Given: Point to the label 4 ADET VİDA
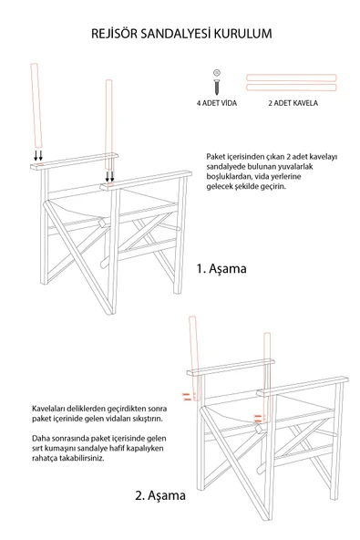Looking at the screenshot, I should pyautogui.click(x=217, y=104).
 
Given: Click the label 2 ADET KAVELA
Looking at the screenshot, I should pyautogui.click(x=292, y=104).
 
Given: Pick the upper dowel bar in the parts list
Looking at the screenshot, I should pyautogui.click(x=292, y=76).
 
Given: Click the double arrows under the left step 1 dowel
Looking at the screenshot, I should pyautogui.click(x=36, y=155).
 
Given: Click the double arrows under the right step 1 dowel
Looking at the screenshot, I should pyautogui.click(x=110, y=176).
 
